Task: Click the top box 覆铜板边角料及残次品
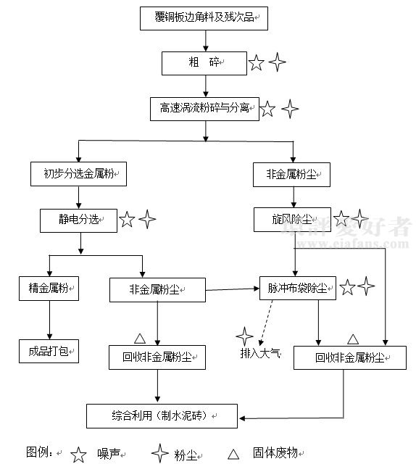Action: click(204, 18)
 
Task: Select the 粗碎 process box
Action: click(204, 63)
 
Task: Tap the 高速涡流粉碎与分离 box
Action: click(205, 109)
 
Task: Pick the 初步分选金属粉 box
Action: click(79, 174)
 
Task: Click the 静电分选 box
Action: click(79, 220)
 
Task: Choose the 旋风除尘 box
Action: click(292, 220)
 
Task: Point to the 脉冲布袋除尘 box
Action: click(298, 289)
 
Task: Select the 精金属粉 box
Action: click(49, 289)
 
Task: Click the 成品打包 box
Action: click(49, 351)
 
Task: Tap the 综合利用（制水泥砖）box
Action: click(162, 416)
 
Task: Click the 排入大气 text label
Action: click(260, 353)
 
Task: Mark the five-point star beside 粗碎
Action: click(257, 63)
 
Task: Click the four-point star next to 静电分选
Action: click(147, 219)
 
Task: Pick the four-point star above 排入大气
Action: click(245, 336)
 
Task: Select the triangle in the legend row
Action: click(233, 455)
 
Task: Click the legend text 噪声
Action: click(109, 454)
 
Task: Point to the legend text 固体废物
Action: click(275, 452)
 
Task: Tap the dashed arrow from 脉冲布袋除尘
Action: click(266, 323)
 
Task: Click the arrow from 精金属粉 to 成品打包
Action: click(49, 320)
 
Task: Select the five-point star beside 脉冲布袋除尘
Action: click(347, 287)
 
